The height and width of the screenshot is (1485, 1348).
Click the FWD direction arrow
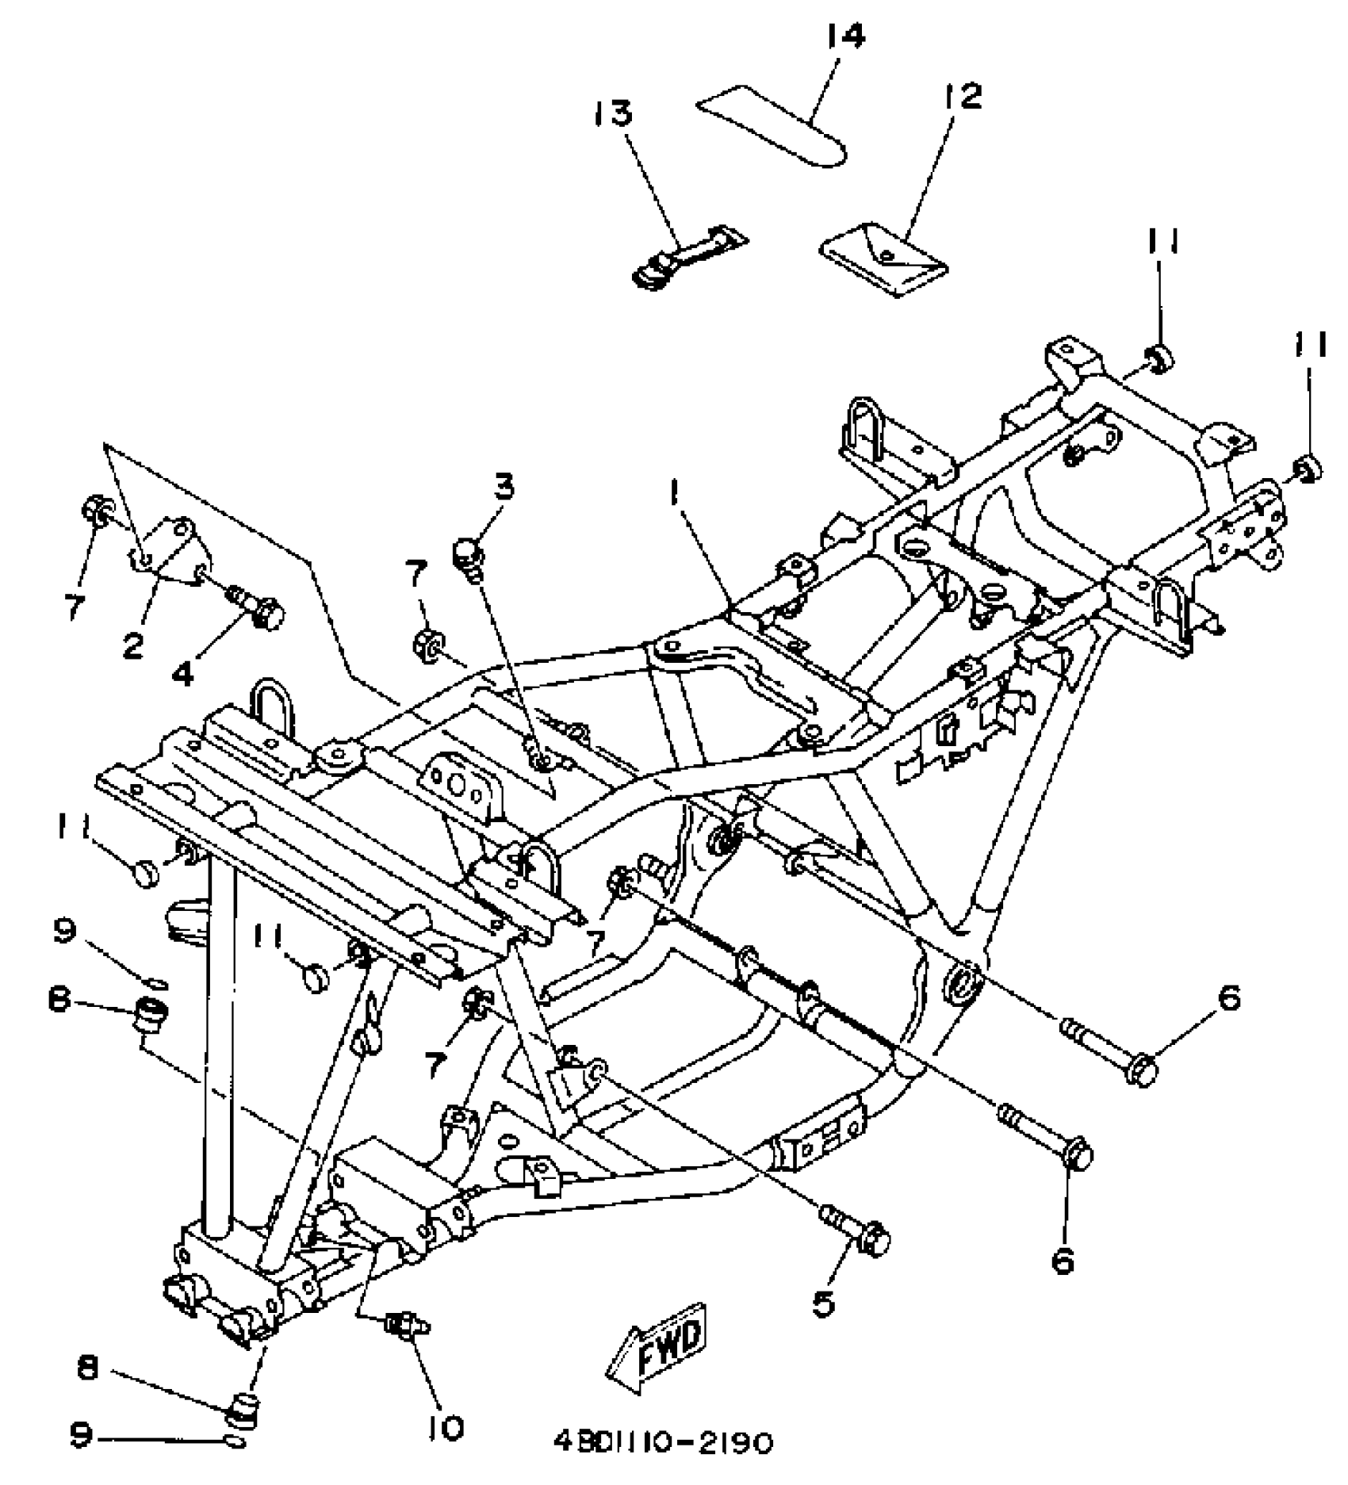(x=656, y=1345)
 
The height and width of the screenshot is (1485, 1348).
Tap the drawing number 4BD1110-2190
(x=663, y=1442)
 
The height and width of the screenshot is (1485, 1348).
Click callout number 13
(x=611, y=113)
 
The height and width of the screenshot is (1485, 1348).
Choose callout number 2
(x=132, y=646)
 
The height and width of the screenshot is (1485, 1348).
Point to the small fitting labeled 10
(x=405, y=1325)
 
